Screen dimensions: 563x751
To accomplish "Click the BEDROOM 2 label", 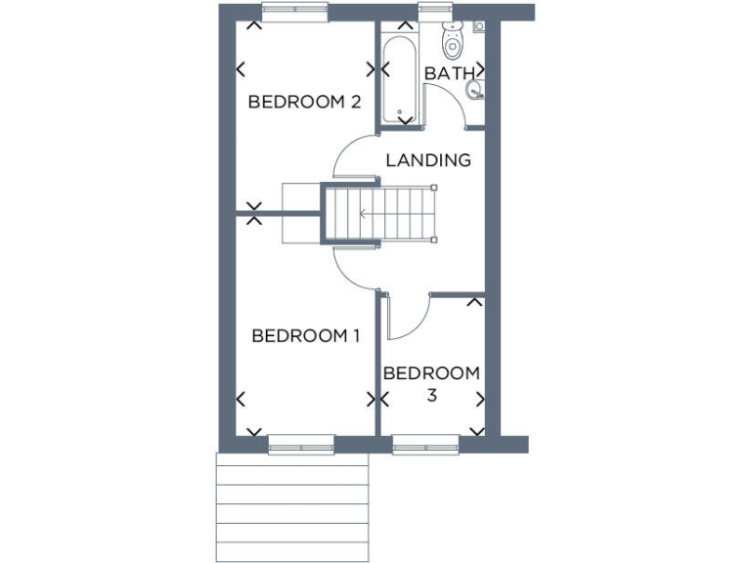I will pyautogui.click(x=304, y=102).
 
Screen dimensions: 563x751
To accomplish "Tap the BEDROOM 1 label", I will pyautogui.click(x=306, y=336).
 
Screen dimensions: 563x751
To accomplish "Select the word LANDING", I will pyautogui.click(x=428, y=160).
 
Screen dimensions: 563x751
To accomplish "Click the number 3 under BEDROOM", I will pyautogui.click(x=431, y=396).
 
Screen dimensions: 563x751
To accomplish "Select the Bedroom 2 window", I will pyautogui.click(x=292, y=12).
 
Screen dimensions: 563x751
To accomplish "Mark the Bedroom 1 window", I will pyautogui.click(x=301, y=448).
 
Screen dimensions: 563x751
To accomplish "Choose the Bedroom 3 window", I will pyautogui.click(x=426, y=448).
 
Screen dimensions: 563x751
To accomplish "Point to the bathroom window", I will pyautogui.click(x=432, y=12).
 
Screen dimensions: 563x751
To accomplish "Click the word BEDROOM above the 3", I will pyautogui.click(x=431, y=373).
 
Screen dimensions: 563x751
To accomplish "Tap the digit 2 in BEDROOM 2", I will pyautogui.click(x=356, y=102).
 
